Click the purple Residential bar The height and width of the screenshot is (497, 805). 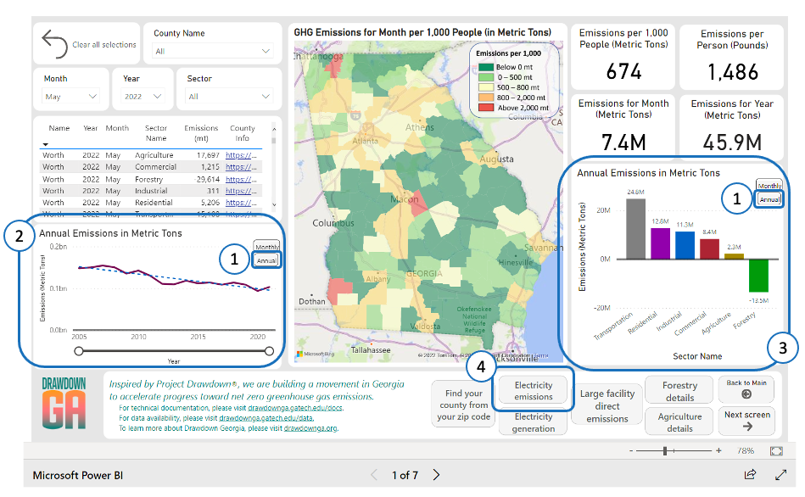tap(660, 243)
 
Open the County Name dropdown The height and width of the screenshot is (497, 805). tap(212, 51)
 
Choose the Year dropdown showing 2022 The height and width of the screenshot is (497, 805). tap(147, 97)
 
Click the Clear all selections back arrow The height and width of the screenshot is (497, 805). tap(54, 44)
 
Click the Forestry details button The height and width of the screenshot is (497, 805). tap(679, 391)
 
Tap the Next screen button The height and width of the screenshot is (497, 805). tap(746, 420)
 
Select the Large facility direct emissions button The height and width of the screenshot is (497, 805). tap(607, 406)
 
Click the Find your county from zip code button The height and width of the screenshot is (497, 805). tap(463, 405)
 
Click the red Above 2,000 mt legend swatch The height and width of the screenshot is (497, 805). tap(485, 109)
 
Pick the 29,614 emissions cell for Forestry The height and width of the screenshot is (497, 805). tap(206, 179)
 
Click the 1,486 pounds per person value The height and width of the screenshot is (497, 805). tap(732, 73)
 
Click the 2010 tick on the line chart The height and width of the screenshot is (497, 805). tap(138, 337)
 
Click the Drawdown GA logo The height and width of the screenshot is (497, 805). tap(64, 404)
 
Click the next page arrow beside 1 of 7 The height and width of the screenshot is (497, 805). tap(436, 475)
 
